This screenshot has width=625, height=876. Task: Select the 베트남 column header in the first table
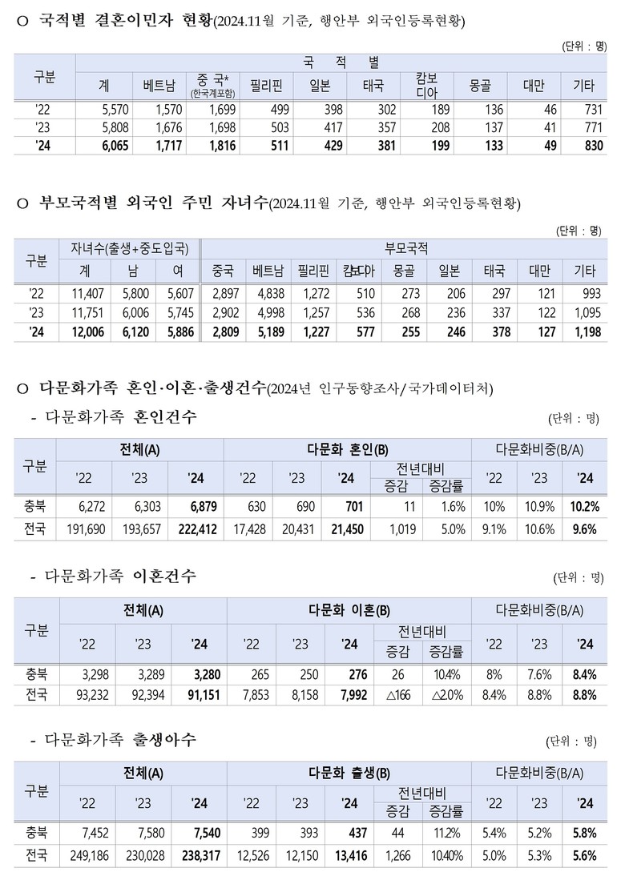pos(156,84)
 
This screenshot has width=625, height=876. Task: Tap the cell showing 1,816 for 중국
pos(212,144)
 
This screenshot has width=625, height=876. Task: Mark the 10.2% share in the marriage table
pos(584,507)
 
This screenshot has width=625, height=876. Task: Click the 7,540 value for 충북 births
pos(193,833)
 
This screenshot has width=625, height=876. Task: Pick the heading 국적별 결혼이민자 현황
pos(126,22)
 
